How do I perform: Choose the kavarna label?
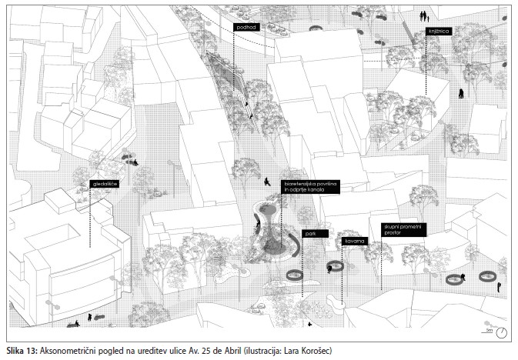[x=354, y=242]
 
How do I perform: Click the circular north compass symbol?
[x=502, y=332]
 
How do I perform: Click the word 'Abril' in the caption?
[x=230, y=351]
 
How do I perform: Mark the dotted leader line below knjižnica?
[x=426, y=69]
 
